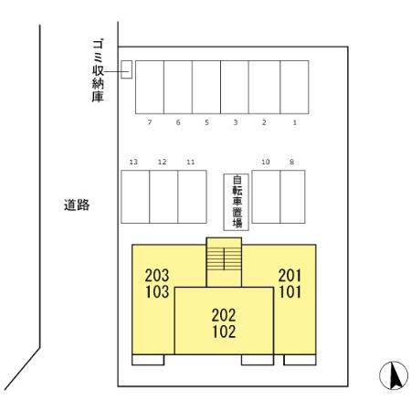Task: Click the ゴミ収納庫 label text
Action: click(97, 69)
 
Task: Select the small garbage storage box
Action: click(127, 68)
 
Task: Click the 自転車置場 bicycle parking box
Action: click(237, 201)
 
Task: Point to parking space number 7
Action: click(149, 87)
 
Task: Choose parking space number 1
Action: click(294, 87)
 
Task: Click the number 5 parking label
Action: click(206, 121)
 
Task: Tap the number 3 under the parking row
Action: click(235, 121)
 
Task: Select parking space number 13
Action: click(135, 195)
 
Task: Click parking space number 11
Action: click(191, 195)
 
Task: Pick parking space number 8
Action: click(292, 195)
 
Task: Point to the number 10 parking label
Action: click(266, 162)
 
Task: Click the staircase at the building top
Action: click(224, 262)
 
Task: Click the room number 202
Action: click(224, 315)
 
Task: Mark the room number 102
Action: click(224, 331)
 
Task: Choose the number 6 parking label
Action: click(178, 121)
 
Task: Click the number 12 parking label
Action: click(162, 162)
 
